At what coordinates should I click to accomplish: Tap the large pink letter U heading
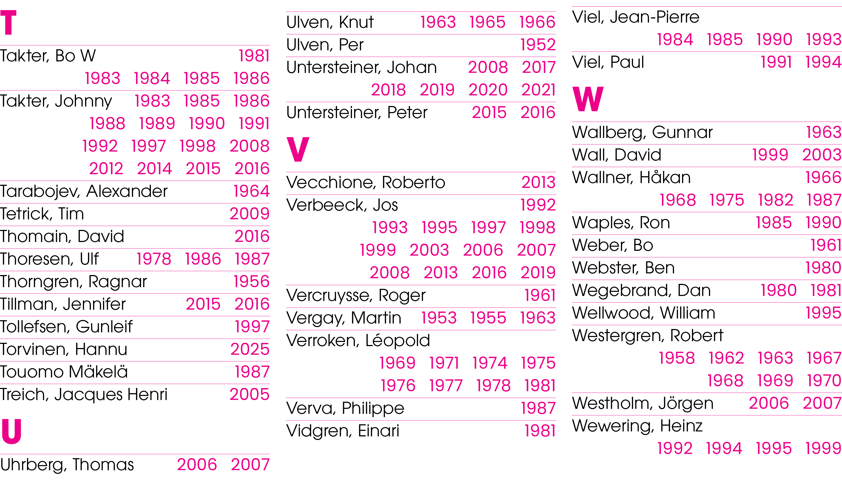[11, 431]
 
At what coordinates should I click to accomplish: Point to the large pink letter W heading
[588, 99]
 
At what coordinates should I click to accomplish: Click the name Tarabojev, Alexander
[84, 192]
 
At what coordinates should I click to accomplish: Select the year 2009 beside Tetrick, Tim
[250, 214]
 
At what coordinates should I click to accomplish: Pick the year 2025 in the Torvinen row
[250, 349]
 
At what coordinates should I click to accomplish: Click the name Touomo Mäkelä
[64, 372]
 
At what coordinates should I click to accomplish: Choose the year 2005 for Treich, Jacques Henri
[250, 395]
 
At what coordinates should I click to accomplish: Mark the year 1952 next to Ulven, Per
[538, 45]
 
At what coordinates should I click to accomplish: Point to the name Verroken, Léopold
[358, 341]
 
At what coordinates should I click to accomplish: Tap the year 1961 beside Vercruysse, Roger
[540, 295]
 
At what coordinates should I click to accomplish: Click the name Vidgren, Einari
[343, 431]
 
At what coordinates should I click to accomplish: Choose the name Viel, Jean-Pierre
[636, 17]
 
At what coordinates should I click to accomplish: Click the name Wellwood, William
[644, 313]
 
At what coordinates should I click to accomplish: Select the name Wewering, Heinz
[637, 426]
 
